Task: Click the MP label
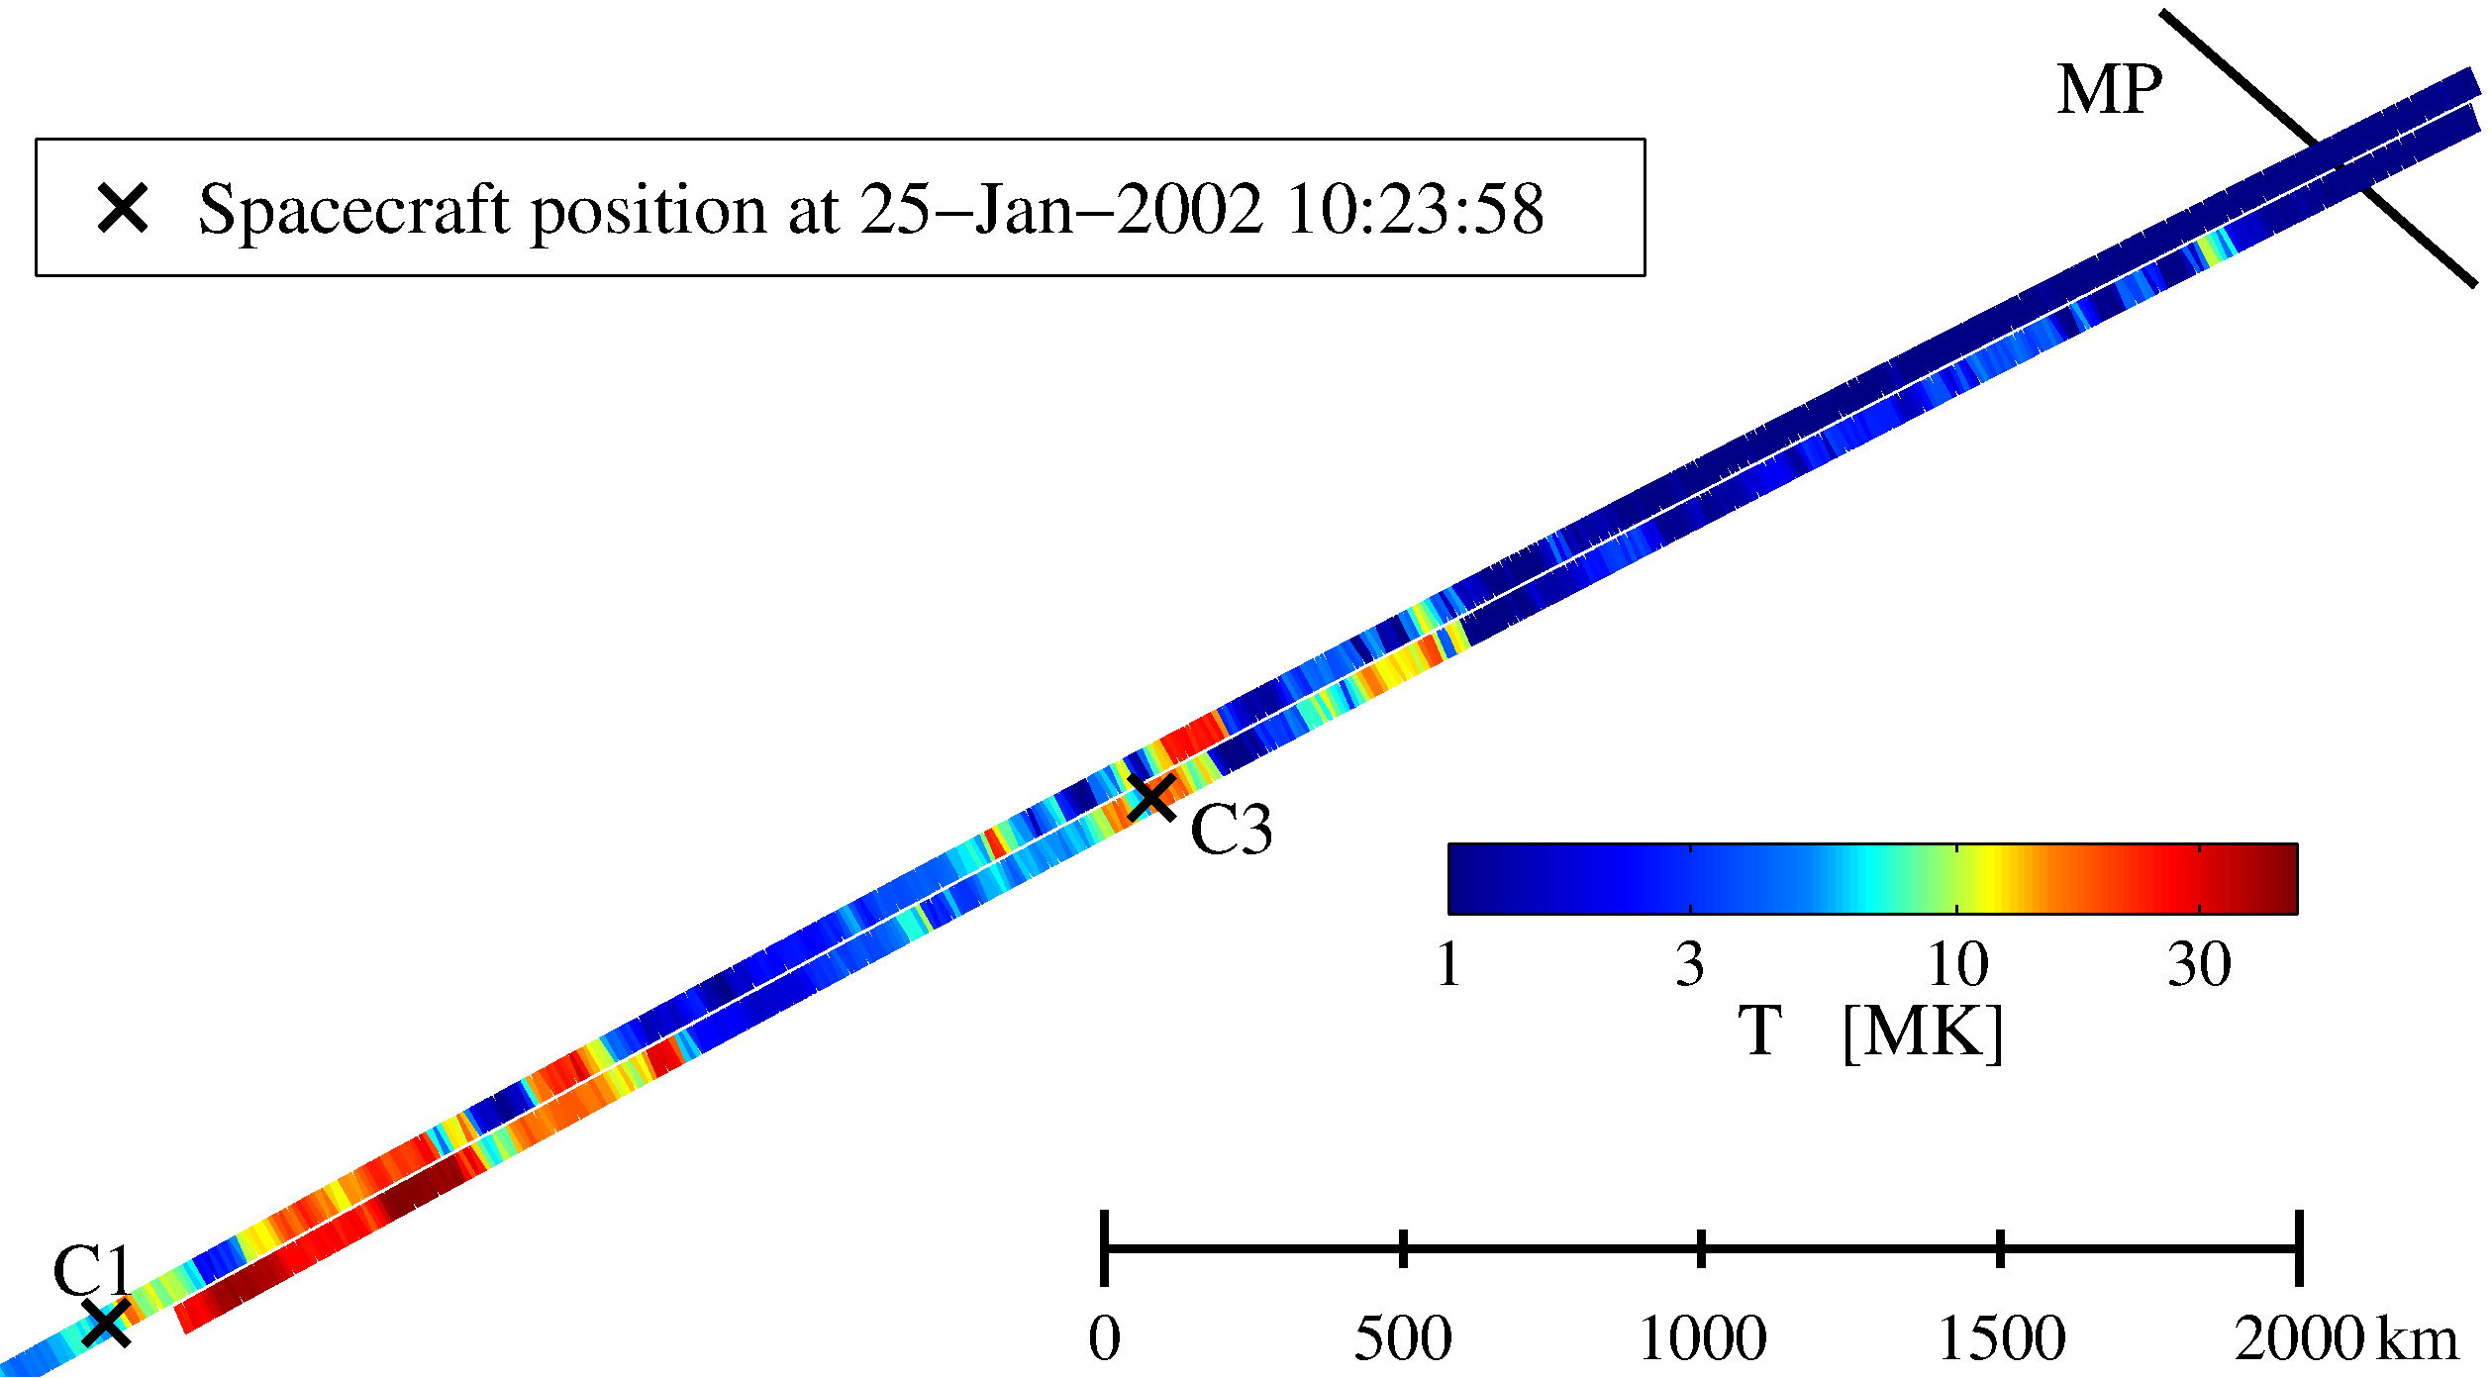[x=2109, y=91]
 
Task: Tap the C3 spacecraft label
[x=1231, y=830]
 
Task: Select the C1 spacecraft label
[x=92, y=1271]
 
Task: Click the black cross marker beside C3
[x=1151, y=797]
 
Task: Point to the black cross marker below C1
[x=106, y=1323]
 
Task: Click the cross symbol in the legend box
[x=123, y=208]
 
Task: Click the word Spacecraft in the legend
[x=353, y=211]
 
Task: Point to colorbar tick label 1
[x=1448, y=964]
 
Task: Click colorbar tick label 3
[x=1690, y=964]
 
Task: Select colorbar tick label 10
[x=1957, y=964]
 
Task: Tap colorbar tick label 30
[x=2199, y=964]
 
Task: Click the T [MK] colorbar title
[x=1870, y=1033]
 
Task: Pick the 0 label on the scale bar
[x=1104, y=1339]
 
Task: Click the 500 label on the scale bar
[x=1403, y=1339]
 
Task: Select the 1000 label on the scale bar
[x=1702, y=1339]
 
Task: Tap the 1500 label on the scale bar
[x=2001, y=1339]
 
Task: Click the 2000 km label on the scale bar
[x=2345, y=1339]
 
